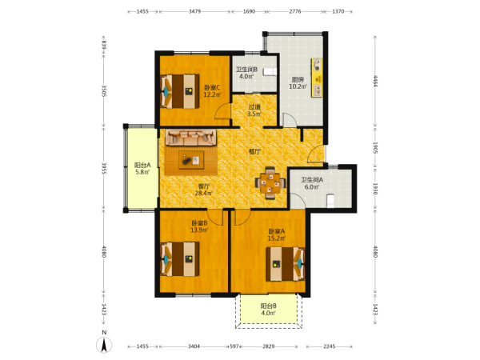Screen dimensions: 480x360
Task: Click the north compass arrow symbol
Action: point(104,345)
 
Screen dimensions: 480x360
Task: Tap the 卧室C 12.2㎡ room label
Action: point(213,91)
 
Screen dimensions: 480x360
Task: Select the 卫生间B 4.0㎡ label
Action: point(246,73)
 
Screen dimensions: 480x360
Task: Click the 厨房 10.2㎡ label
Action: point(298,83)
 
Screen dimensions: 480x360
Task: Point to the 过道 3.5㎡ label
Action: point(254,110)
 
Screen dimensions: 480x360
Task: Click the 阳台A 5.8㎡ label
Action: point(142,168)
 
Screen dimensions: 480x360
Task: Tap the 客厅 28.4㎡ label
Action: point(203,190)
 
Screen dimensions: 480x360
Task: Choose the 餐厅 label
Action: point(254,151)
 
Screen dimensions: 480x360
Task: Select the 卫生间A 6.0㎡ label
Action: point(312,183)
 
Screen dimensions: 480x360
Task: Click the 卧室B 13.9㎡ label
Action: point(199,226)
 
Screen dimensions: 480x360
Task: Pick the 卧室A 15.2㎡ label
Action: point(277,234)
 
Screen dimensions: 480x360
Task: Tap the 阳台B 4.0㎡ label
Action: point(269,310)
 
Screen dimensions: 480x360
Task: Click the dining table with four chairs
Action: point(270,183)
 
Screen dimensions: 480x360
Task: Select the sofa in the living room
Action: point(190,137)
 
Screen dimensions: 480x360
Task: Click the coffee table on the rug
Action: point(191,160)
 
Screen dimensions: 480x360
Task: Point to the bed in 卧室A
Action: point(286,264)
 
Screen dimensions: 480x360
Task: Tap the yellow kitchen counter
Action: point(317,78)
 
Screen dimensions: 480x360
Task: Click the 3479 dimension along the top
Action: point(194,12)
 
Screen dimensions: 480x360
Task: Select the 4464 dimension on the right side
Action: point(375,81)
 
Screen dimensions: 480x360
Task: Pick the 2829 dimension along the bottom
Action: point(269,346)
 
